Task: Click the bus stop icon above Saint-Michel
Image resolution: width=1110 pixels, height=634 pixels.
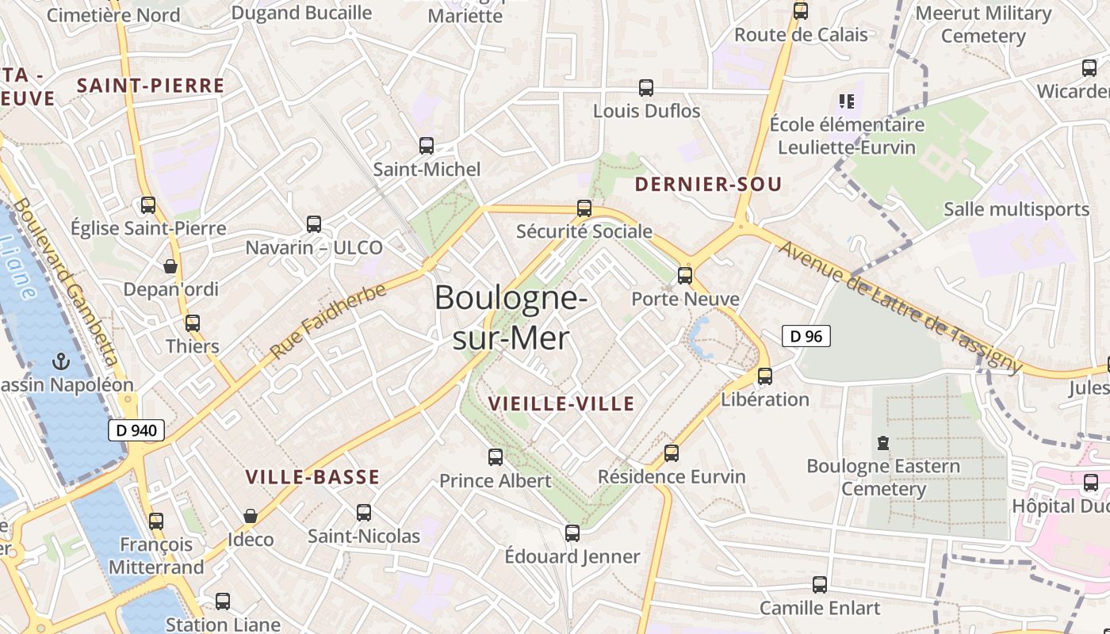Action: (x=427, y=146)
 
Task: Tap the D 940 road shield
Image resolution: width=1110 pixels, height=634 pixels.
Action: (x=136, y=430)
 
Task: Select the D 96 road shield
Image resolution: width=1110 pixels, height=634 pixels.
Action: (x=806, y=336)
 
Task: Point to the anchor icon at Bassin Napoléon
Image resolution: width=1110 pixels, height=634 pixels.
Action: (x=60, y=362)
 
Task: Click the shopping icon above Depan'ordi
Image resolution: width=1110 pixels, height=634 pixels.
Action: (x=170, y=266)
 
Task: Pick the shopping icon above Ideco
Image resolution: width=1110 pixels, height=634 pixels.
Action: (x=251, y=517)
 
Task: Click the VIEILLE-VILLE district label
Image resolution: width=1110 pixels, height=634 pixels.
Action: (x=561, y=403)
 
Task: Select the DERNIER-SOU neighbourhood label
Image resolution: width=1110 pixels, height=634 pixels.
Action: (x=709, y=185)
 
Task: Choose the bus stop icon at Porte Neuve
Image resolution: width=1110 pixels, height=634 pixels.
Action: (x=685, y=276)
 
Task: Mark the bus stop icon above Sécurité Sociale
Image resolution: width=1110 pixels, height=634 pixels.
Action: (x=584, y=208)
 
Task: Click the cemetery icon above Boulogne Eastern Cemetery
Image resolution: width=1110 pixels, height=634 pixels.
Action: (x=883, y=443)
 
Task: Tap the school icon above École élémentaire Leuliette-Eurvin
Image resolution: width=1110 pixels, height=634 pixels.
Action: (x=847, y=101)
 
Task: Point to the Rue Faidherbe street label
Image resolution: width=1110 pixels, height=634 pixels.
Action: (x=328, y=321)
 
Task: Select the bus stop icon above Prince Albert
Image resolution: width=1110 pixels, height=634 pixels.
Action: (x=496, y=457)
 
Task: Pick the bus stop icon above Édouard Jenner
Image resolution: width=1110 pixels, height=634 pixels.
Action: (x=572, y=533)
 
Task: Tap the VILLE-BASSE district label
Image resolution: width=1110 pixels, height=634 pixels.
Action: (x=312, y=477)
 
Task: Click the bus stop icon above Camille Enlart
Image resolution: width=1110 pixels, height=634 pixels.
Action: (x=820, y=585)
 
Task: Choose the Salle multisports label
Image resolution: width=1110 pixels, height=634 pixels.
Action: (x=1016, y=209)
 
